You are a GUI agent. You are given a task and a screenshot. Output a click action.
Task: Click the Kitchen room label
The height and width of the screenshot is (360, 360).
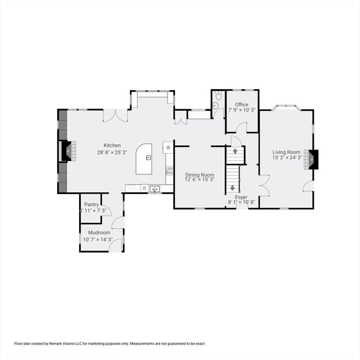(x=112, y=145)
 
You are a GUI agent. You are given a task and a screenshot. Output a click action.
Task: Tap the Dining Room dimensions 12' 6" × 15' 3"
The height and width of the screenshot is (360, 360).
(x=200, y=180)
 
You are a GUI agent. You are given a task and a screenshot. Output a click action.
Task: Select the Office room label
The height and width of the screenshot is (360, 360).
(x=241, y=105)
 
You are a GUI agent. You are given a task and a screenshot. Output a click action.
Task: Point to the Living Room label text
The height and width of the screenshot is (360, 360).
(x=286, y=152)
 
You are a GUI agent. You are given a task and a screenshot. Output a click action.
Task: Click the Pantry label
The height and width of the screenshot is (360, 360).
(x=91, y=204)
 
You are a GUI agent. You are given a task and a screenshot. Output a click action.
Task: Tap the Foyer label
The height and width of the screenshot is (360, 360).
(x=241, y=197)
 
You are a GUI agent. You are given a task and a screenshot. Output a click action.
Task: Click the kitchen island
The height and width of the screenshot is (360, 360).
(x=144, y=158)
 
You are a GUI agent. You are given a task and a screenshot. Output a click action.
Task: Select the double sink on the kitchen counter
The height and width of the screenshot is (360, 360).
(x=154, y=188)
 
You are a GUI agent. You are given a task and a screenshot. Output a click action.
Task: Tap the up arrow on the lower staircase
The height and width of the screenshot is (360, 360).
(x=232, y=188)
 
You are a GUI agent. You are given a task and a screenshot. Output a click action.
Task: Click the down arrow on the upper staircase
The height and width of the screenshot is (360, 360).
(x=235, y=151)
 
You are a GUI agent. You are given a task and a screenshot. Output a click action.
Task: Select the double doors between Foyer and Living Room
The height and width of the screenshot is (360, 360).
(x=264, y=184)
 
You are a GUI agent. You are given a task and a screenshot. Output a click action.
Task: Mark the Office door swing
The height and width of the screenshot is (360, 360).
(x=241, y=127)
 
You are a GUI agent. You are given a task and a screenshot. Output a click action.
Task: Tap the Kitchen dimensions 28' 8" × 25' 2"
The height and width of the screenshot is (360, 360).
(x=112, y=152)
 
